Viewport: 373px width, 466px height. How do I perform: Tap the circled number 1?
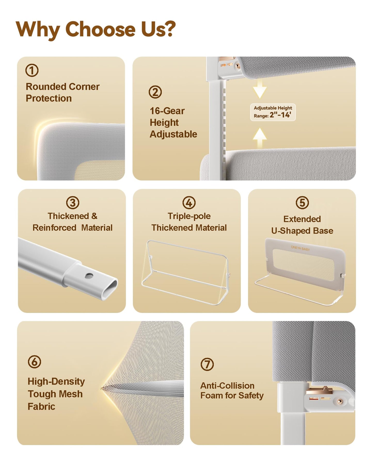(x=32, y=70)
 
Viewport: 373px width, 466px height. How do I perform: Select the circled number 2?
(x=155, y=92)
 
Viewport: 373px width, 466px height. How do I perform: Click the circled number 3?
(x=73, y=203)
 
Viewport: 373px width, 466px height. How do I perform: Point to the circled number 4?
(x=189, y=203)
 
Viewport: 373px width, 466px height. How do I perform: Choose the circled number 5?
(x=302, y=203)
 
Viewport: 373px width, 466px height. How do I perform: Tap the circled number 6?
(x=34, y=361)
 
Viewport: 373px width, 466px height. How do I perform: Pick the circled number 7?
(x=207, y=364)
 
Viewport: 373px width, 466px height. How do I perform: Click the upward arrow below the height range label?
(x=260, y=137)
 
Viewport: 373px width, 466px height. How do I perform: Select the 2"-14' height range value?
(x=281, y=115)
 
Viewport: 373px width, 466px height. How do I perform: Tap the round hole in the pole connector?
(x=89, y=276)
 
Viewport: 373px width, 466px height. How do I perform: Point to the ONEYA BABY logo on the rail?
(x=300, y=248)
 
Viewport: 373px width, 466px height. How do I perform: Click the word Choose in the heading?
(x=100, y=29)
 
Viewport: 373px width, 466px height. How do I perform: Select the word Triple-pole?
(x=189, y=216)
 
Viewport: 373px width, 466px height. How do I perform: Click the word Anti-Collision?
(x=227, y=385)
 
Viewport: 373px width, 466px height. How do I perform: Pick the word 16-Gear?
(x=167, y=111)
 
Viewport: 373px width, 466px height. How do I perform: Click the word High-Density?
(x=56, y=382)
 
